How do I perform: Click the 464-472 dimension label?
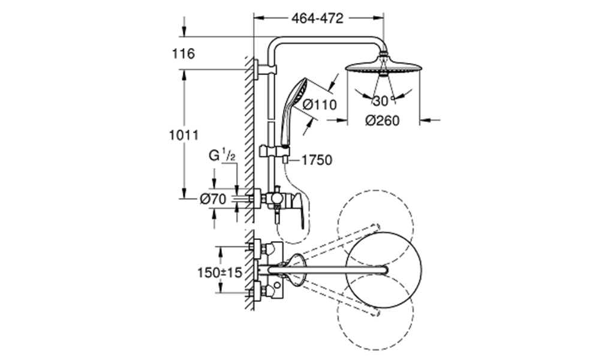click(317, 18)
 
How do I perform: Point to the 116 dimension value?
click(183, 53)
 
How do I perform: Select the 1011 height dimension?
click(183, 135)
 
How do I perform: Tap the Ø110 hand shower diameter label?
click(320, 104)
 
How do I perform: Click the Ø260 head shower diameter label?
click(382, 121)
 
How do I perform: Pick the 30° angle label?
click(383, 101)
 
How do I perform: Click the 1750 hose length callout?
click(317, 160)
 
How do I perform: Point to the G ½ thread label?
click(222, 156)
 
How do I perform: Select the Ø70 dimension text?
click(212, 199)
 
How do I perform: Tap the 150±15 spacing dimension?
click(219, 273)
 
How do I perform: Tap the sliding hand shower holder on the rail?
click(274, 150)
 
